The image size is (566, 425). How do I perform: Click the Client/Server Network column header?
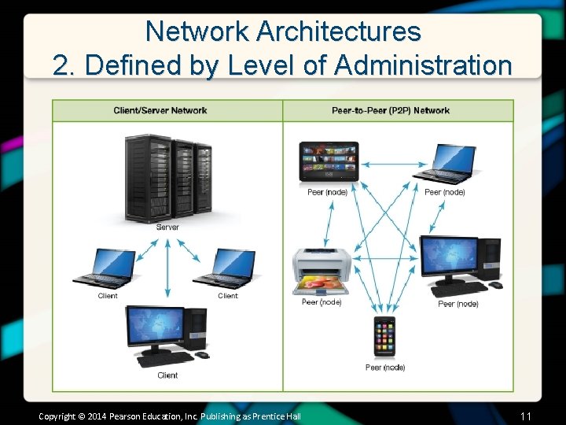[160, 110]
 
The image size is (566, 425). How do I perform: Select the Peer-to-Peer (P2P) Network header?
[391, 110]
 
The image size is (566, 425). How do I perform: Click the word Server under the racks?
[167, 227]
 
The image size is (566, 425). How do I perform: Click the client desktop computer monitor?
[156, 328]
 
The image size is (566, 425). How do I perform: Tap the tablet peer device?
[329, 161]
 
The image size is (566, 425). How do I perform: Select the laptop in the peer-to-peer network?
[446, 163]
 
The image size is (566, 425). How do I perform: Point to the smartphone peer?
[384, 337]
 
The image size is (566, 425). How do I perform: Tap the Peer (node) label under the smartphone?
[385, 368]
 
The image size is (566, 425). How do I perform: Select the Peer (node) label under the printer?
[322, 302]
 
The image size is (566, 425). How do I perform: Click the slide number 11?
[526, 416]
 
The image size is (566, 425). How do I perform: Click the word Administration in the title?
[423, 65]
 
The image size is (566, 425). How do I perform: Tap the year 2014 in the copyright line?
[96, 416]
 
